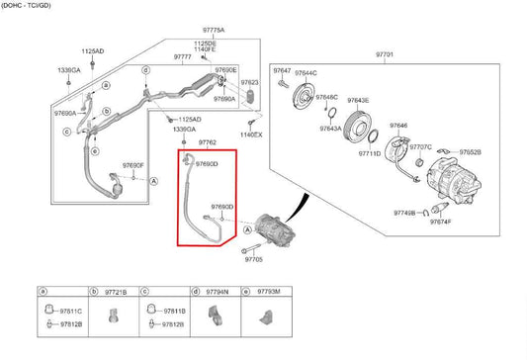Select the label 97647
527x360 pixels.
[x=283, y=72]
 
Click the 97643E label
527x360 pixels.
[x=357, y=101]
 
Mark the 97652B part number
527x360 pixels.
[x=471, y=152]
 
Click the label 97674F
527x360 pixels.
[x=440, y=223]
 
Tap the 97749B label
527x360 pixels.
[x=404, y=213]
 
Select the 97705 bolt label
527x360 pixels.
[x=253, y=258]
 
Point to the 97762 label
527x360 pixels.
[x=206, y=143]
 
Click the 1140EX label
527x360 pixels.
[x=251, y=135]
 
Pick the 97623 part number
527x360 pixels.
[x=250, y=82]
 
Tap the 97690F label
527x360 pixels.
[x=133, y=164]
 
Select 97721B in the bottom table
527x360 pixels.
[x=116, y=294]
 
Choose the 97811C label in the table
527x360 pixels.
[x=70, y=312]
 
